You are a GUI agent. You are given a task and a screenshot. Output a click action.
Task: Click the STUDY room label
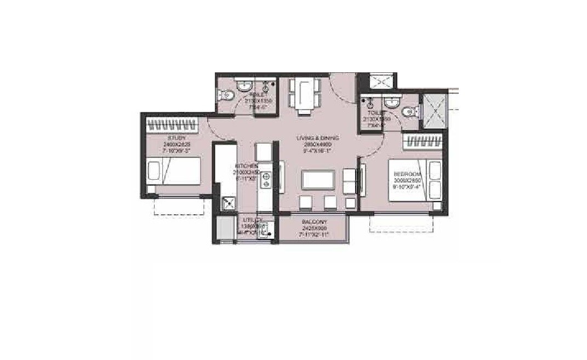176,138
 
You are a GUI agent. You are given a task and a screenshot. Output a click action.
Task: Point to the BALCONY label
314,222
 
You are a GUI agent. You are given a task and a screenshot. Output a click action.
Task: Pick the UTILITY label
253,219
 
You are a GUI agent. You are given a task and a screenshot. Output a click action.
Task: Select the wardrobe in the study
172,123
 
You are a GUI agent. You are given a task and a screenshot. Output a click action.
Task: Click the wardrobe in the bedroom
423,142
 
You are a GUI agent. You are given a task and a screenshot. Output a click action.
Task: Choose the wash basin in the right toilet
391,102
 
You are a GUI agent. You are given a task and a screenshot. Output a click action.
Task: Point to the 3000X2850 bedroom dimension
406,180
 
